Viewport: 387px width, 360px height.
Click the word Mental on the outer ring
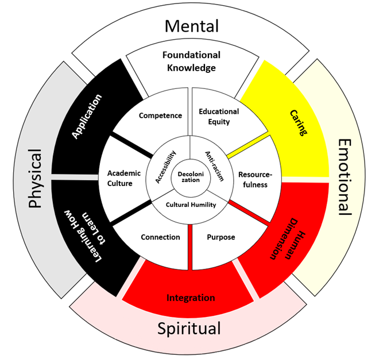[191, 26]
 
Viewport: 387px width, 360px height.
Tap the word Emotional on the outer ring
[345, 176]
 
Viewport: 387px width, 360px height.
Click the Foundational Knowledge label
[191, 61]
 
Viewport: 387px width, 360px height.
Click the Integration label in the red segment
[191, 298]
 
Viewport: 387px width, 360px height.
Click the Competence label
[160, 115]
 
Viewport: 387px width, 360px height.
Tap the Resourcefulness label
[253, 179]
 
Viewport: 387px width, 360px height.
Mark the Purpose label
[220, 237]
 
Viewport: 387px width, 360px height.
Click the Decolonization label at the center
[189, 176]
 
